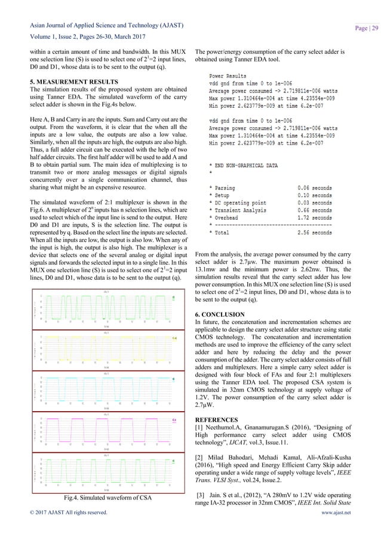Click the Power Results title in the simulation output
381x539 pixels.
[227, 76]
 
